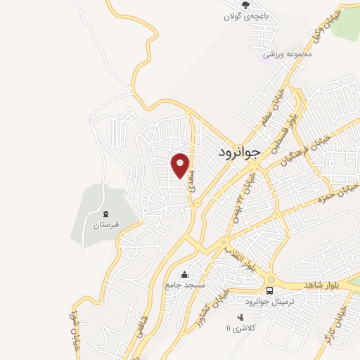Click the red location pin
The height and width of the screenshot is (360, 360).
coord(181,165)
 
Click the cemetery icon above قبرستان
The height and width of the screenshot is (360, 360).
coord(106,214)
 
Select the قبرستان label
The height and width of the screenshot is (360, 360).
coord(106,226)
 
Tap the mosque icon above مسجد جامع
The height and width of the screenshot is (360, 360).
coord(184,274)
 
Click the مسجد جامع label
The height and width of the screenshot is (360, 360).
coord(184,285)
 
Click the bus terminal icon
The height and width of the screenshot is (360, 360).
coord(269,290)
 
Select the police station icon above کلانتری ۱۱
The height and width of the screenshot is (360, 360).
coord(241,317)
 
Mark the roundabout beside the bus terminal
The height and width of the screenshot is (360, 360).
coord(269,278)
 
